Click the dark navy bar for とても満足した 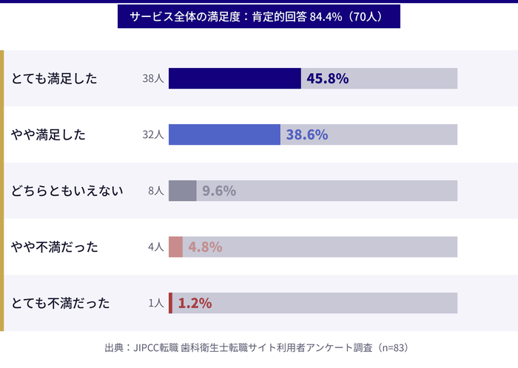pos(235,78)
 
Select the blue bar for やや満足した pos(224,134)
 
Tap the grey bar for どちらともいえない pos(182,191)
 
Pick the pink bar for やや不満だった pos(175,247)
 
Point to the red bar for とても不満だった pos(170,303)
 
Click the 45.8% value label pos(327,78)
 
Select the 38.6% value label pos(307,134)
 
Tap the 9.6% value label pos(219,191)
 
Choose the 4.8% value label pos(205,247)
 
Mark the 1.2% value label pos(195,303)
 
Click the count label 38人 pos(152,78)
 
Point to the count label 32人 pos(152,134)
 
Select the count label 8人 pos(155,191)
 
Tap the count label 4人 pos(155,247)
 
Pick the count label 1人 pos(155,303)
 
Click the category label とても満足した pos(54,78)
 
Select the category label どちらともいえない pos(67,191)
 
